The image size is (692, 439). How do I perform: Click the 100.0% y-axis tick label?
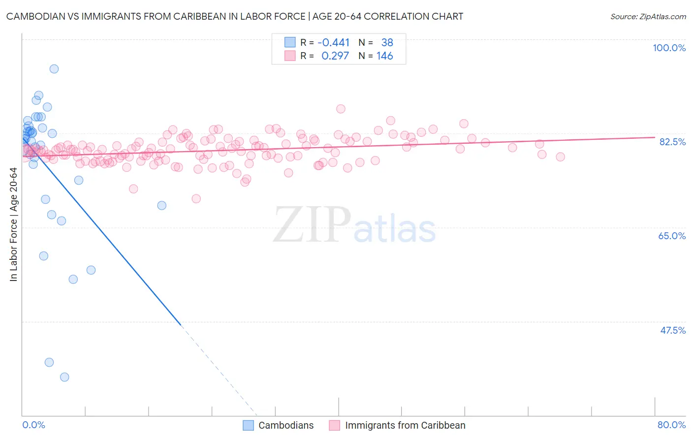tap(669, 48)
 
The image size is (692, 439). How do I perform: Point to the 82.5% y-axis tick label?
tap(672, 142)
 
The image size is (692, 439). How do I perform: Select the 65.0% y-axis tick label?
tap(672, 236)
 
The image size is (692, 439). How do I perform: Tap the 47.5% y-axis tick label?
tap(672, 330)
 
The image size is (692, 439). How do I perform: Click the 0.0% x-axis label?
tap(33, 425)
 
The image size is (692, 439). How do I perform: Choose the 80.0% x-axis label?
tap(671, 425)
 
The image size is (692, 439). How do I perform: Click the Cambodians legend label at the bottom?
tap(286, 425)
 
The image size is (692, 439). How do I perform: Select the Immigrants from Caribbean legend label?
tap(405, 425)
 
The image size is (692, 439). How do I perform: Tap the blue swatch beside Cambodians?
tap(249, 425)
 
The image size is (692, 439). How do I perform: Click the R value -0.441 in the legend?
tap(333, 43)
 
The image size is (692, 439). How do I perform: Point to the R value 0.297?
tap(335, 56)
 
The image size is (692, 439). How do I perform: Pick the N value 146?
tap(384, 56)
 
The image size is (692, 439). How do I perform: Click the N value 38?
tap(387, 43)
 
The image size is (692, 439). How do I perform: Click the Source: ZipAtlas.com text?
tap(648, 17)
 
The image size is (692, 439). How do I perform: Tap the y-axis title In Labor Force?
tap(13, 224)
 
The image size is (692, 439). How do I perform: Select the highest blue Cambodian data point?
tap(54, 69)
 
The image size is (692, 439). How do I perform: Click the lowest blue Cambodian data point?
tap(64, 377)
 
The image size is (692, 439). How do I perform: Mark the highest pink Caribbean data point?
tap(341, 109)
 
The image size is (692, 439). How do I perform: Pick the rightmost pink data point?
tap(560, 157)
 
